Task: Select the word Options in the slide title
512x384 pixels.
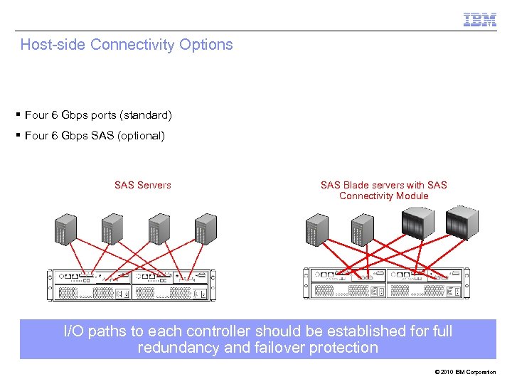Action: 206,45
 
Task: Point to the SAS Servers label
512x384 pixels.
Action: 142,185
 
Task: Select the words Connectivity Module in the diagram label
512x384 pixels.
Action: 384,196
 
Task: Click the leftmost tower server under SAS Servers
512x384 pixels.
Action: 65,229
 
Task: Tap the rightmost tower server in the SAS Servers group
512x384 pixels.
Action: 206,229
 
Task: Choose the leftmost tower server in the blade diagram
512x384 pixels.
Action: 316,229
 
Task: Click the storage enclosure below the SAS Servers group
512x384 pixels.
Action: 129,284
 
